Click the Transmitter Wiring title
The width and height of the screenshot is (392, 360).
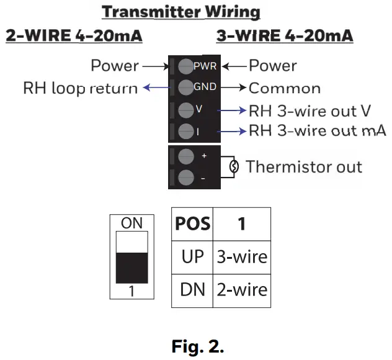click(x=181, y=12)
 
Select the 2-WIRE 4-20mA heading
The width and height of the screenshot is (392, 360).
click(x=74, y=36)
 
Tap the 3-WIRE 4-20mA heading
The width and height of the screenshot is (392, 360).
click(x=285, y=36)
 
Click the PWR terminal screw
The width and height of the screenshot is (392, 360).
click(x=185, y=66)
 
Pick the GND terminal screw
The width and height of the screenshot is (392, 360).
click(x=185, y=88)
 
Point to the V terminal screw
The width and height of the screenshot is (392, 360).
click(x=185, y=110)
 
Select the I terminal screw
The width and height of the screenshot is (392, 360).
click(x=185, y=132)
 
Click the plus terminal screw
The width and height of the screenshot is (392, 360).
click(x=185, y=156)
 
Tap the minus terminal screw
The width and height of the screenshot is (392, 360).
click(x=185, y=178)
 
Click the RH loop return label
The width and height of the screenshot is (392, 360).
click(x=81, y=88)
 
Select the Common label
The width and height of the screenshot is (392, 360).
click(x=285, y=88)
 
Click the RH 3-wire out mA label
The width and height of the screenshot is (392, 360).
click(x=318, y=131)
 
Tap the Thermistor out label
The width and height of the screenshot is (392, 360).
click(x=304, y=166)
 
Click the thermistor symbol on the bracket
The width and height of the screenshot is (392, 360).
click(x=234, y=166)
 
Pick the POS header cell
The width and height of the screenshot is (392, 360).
click(x=192, y=223)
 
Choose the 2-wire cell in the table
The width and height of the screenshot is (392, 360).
click(x=241, y=289)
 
